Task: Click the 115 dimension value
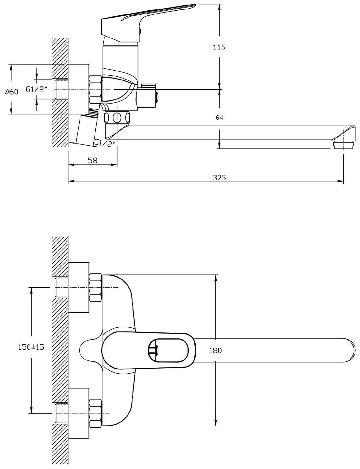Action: pyautogui.click(x=219, y=47)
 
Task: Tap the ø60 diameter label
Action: pyautogui.click(x=12, y=92)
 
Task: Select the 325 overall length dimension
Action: pyautogui.click(x=220, y=177)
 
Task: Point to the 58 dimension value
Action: pyautogui.click(x=93, y=160)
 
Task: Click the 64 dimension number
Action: pyautogui.click(x=219, y=118)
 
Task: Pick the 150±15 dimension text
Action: pyautogui.click(x=31, y=347)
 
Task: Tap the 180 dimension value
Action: pyautogui.click(x=216, y=350)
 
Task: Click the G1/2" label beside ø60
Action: pyautogui.click(x=37, y=89)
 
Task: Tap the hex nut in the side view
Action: pyautogui.click(x=95, y=89)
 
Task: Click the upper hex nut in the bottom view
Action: pyautogui.click(x=95, y=288)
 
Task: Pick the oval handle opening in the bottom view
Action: pyautogui.click(x=168, y=350)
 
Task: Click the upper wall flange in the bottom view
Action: pyautogui.click(x=78, y=287)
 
